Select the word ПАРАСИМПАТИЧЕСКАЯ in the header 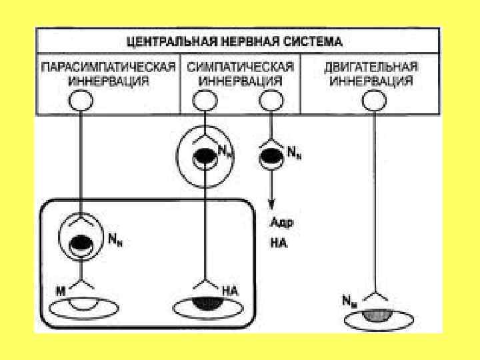pyautogui.click(x=109, y=67)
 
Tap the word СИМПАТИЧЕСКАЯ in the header pyautogui.click(x=240, y=67)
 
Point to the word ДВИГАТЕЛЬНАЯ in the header pyautogui.click(x=371, y=67)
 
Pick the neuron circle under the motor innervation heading pyautogui.click(x=373, y=101)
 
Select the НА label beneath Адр pyautogui.click(x=278, y=244)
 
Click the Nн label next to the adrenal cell pyautogui.click(x=293, y=153)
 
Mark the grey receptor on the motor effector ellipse pyautogui.click(x=374, y=314)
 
